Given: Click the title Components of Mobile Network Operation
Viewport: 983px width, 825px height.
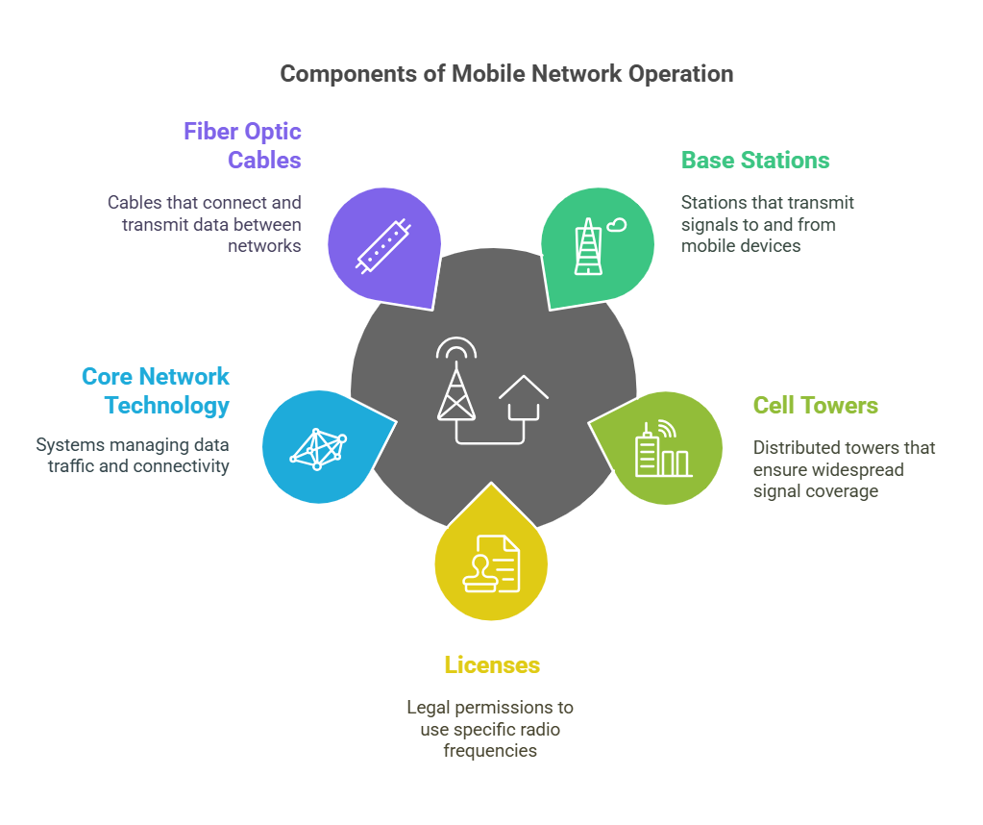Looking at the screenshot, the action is point(506,74).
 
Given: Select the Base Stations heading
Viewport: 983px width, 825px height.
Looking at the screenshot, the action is point(755,160).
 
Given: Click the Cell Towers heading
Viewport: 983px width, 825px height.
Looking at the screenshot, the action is point(816,405).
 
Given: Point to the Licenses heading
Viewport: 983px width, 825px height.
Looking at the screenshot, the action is point(492,665).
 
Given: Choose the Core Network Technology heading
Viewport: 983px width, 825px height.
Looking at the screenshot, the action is point(156,390).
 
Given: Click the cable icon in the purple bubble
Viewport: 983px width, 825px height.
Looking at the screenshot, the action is point(383,246).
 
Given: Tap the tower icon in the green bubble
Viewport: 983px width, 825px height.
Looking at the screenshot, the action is point(588,246).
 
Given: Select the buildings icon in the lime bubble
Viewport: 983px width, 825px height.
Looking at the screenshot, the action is point(663,449).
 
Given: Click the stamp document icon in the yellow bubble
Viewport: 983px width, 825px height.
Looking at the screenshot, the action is point(492,563).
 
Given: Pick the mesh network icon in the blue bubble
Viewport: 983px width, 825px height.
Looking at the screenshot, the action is point(318,449).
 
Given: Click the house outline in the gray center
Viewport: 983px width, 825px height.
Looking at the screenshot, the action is point(524,398).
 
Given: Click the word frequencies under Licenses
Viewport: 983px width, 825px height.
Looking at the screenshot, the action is point(490,751).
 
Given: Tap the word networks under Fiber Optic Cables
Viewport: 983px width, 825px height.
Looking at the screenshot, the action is point(264,246).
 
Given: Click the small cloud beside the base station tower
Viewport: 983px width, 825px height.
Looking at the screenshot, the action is point(616,225).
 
